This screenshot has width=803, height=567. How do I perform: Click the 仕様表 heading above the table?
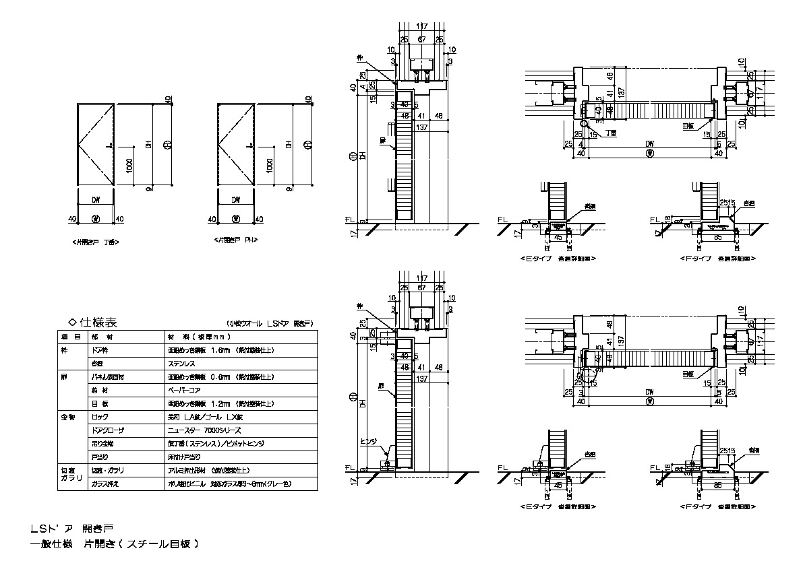[x=98, y=323]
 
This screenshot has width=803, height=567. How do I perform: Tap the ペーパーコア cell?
[x=186, y=390]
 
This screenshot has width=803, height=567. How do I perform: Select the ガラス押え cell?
[x=107, y=483]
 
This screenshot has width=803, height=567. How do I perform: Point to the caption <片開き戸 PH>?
[x=237, y=240]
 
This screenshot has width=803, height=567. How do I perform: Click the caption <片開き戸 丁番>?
[x=97, y=240]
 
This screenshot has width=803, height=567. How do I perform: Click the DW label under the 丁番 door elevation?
[x=96, y=200]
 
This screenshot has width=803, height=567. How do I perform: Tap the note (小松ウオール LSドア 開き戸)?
[x=272, y=324]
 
